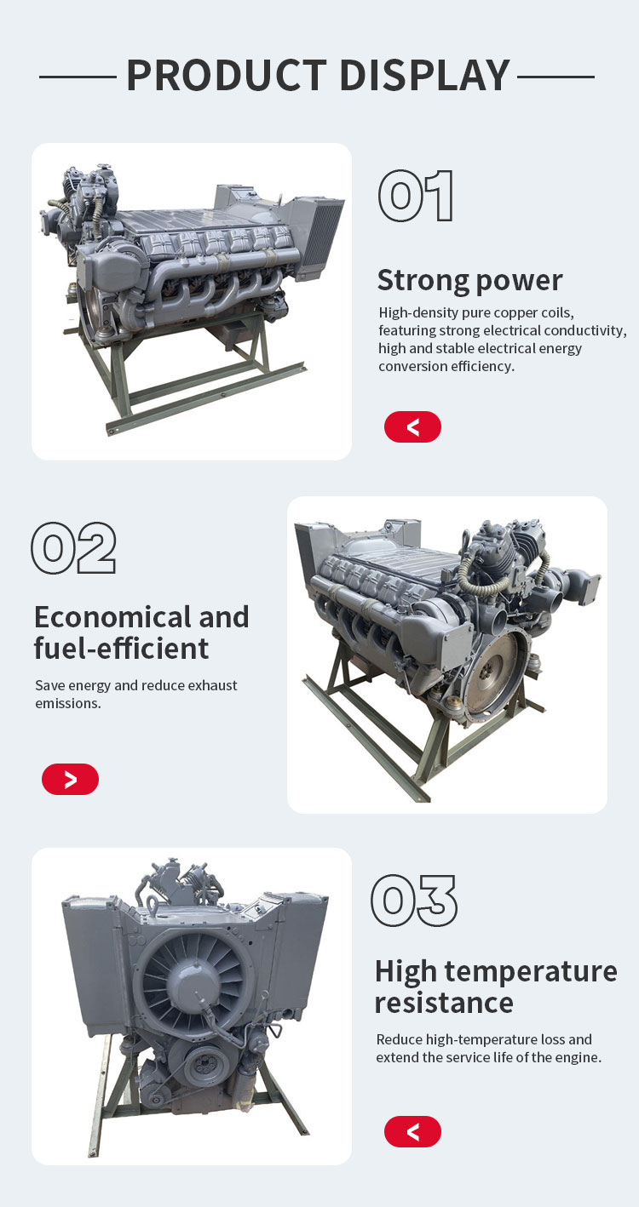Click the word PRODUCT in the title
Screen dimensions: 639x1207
(x=227, y=75)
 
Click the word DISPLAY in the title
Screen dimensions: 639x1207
(x=425, y=75)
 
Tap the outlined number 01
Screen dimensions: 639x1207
(x=415, y=196)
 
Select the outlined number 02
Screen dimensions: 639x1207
(x=73, y=547)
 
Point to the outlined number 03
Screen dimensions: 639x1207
(x=413, y=901)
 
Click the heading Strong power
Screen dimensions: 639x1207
(x=469, y=280)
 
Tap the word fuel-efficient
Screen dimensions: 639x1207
(x=121, y=649)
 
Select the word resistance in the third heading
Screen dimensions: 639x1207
(x=444, y=1003)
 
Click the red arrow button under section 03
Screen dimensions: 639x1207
(x=412, y=1131)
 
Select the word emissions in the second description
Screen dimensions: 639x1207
(x=68, y=703)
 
